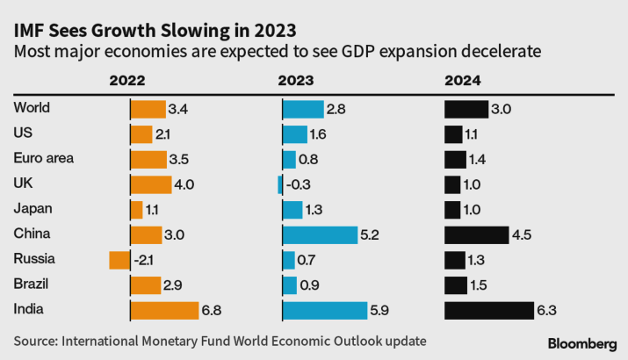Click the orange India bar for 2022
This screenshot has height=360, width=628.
coord(164,310)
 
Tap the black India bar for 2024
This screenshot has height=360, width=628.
coord(489,310)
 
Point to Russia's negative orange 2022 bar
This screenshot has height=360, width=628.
coord(119,260)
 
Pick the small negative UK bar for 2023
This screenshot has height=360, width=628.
coord(279,184)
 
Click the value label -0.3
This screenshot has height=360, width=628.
coord(299,184)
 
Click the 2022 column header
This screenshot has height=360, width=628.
coord(127,82)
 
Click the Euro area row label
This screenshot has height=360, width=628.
coord(44,158)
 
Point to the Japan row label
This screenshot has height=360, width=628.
coord(33,209)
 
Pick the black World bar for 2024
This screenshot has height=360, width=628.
coord(466,109)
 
